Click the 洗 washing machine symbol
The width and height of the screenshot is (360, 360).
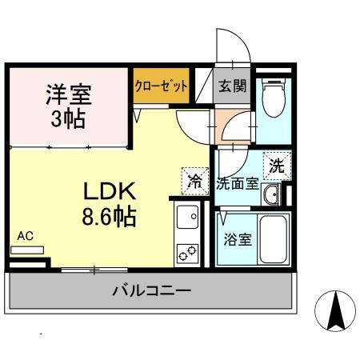click(277, 167)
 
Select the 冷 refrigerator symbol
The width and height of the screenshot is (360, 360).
click(194, 179)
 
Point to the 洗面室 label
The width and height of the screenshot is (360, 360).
click(237, 183)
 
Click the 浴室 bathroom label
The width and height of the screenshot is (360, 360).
click(238, 238)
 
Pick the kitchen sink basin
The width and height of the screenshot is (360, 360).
click(188, 217)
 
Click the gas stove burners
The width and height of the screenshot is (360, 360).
click(188, 250)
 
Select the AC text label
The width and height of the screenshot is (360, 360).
click(25, 236)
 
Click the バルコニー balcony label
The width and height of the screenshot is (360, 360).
click(151, 290)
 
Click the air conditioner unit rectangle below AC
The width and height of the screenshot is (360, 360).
click(27, 250)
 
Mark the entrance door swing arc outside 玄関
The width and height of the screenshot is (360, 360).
click(234, 44)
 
